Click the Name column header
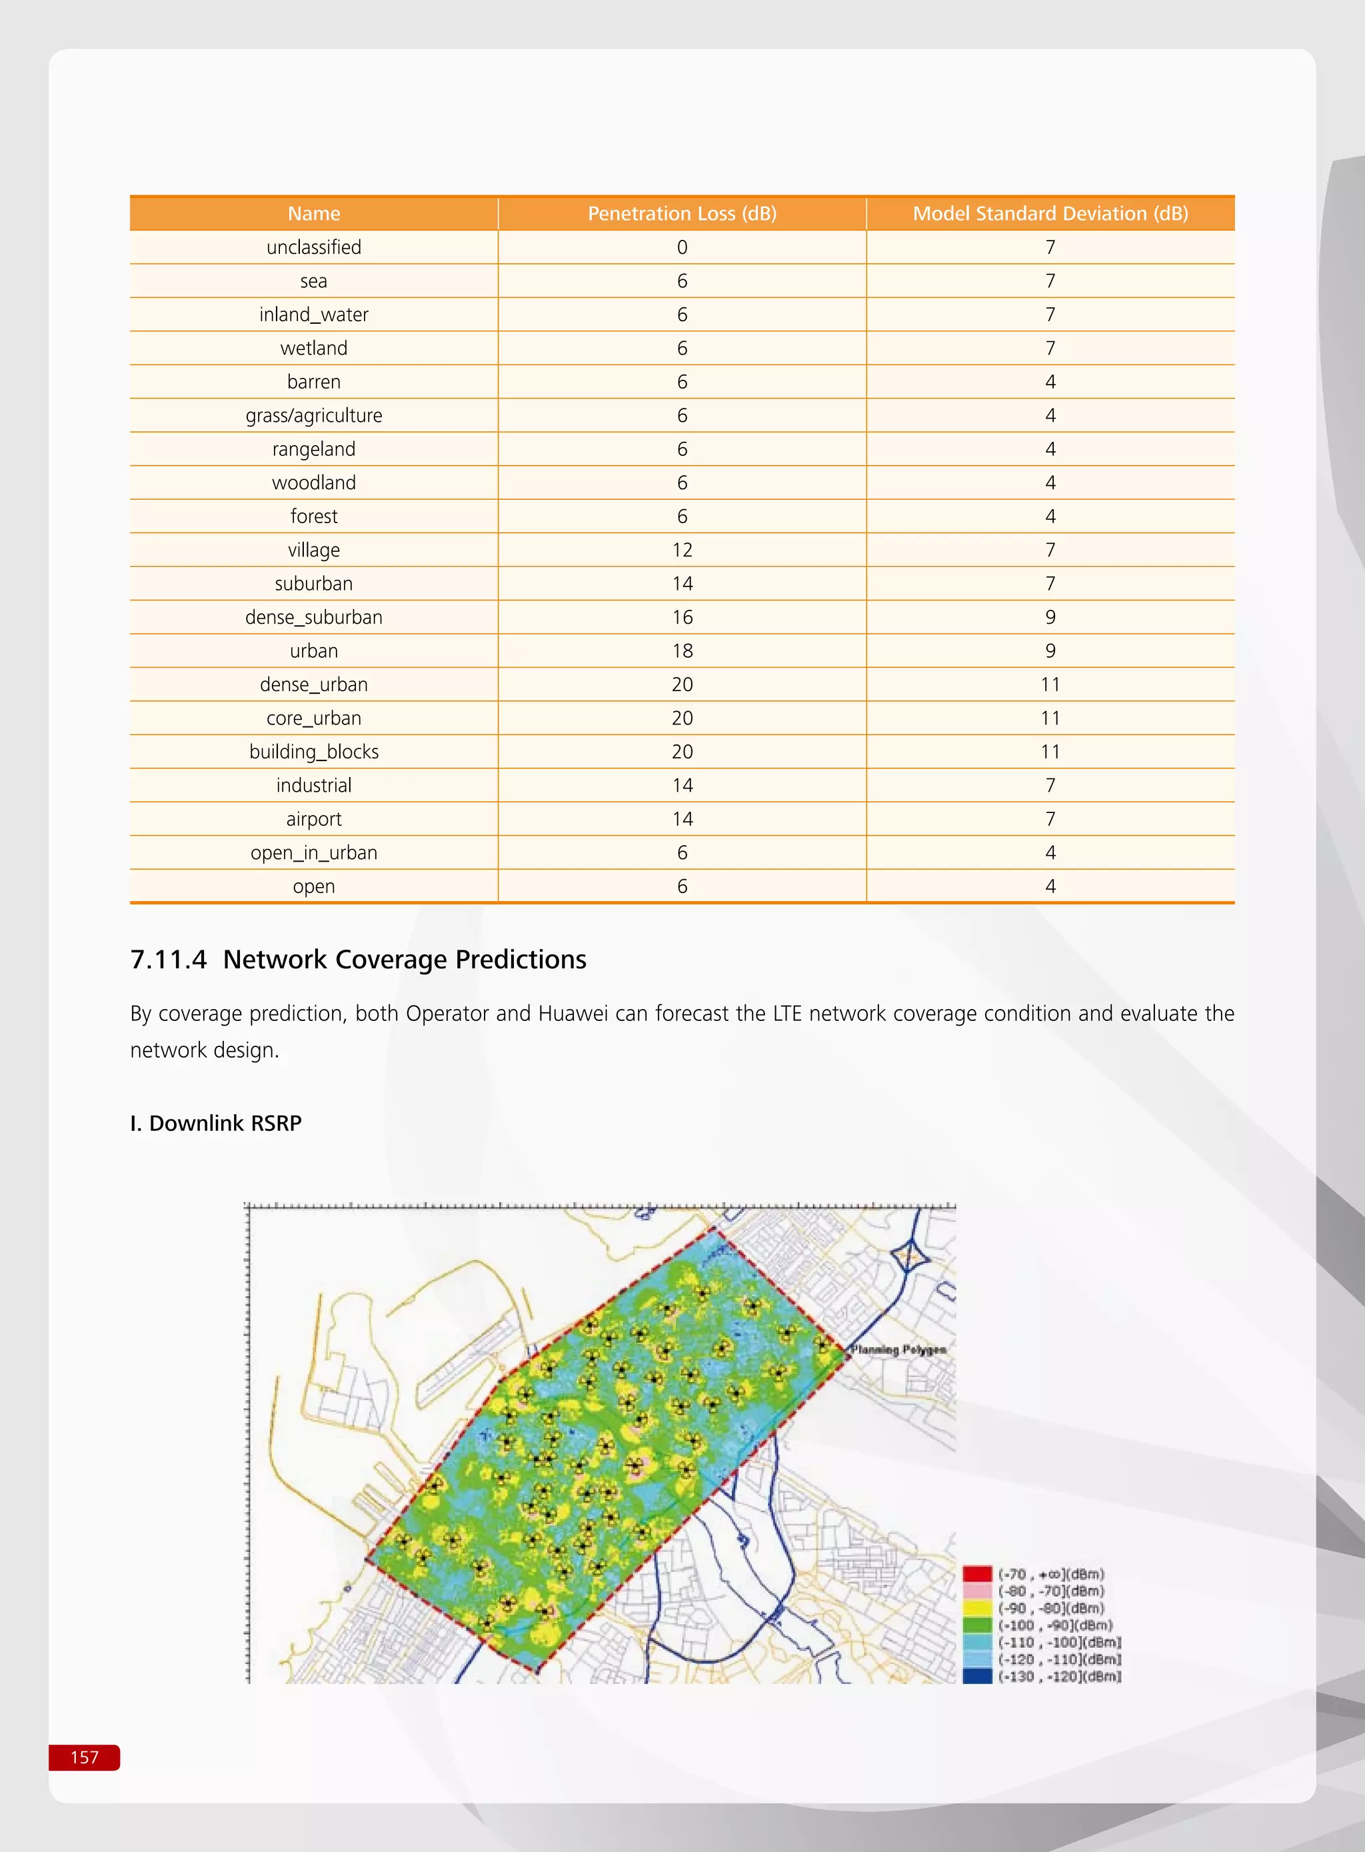click(313, 214)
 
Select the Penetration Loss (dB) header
click(682, 214)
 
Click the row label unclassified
click(313, 248)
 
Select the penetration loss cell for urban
click(682, 651)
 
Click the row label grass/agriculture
click(313, 415)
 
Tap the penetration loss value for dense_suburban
click(682, 617)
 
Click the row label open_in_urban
click(313, 852)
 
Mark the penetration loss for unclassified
click(682, 248)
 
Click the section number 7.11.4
click(168, 960)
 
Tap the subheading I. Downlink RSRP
click(216, 1124)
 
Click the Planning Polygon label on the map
click(899, 1350)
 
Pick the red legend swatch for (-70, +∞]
click(976, 1573)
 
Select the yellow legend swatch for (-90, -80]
click(976, 1607)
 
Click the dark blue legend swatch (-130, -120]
click(976, 1676)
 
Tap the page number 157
click(84, 1757)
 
